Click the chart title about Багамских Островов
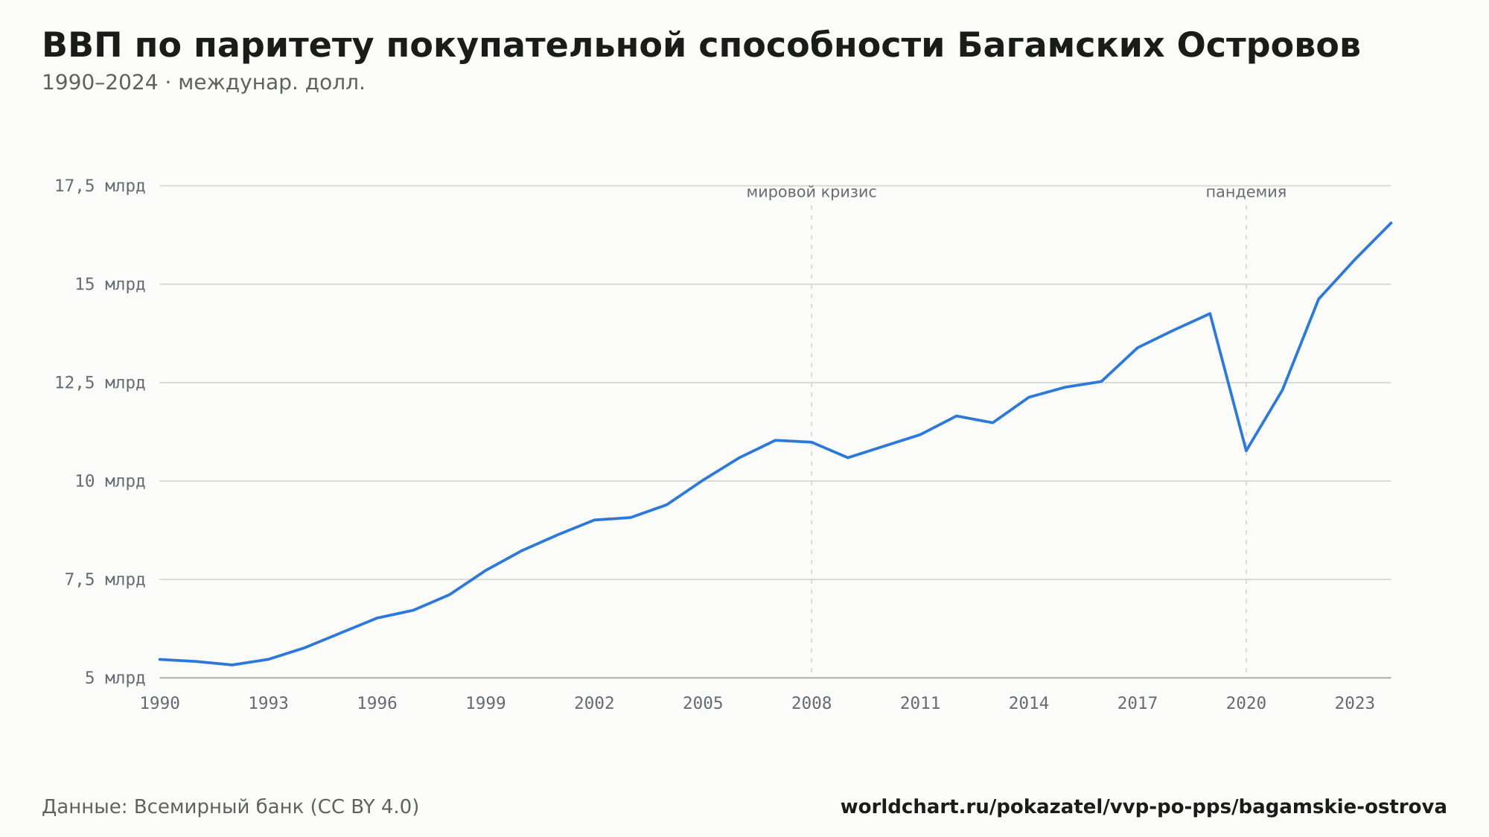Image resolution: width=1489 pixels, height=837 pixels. pyautogui.click(x=701, y=46)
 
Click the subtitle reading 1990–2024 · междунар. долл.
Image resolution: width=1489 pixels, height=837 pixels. pyautogui.click(x=203, y=83)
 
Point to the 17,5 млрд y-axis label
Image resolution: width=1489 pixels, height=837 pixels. pyautogui.click(x=100, y=186)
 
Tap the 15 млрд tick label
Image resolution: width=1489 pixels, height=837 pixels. pyautogui.click(x=109, y=284)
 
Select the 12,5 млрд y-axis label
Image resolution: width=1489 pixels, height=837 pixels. pyautogui.click(x=100, y=383)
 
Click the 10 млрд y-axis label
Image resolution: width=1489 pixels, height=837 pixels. pyautogui.click(x=109, y=481)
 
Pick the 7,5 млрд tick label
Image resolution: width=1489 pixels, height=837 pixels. pyautogui.click(x=105, y=579)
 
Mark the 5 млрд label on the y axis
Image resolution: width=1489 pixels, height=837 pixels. pyautogui.click(x=115, y=678)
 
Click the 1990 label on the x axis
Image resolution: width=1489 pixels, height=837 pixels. pyautogui.click(x=160, y=704)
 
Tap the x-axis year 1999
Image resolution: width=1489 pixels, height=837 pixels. pyautogui.click(x=485, y=704)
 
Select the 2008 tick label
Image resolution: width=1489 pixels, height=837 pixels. pyautogui.click(x=812, y=704)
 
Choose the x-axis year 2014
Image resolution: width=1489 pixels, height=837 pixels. pyautogui.click(x=1029, y=704)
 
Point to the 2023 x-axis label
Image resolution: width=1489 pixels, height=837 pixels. pyautogui.click(x=1355, y=704)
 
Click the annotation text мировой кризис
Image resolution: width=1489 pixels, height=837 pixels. pyautogui.click(x=812, y=192)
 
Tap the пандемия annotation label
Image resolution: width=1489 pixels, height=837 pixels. pyautogui.click(x=1246, y=192)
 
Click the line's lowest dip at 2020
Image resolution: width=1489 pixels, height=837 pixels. pyautogui.click(x=1246, y=451)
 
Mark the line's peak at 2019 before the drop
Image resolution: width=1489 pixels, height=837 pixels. pyautogui.click(x=1210, y=314)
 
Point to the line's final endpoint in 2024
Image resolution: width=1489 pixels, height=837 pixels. pyautogui.click(x=1391, y=223)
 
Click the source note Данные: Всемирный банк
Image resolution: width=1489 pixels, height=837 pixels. pyautogui.click(x=231, y=806)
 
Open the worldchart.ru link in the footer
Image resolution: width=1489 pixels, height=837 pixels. pyautogui.click(x=1144, y=806)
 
